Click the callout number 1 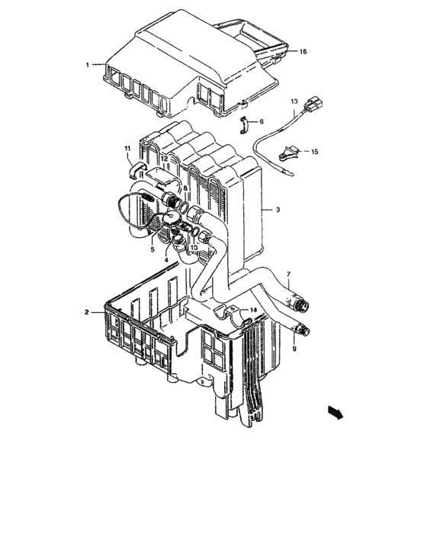tap(88, 66)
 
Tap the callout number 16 tap(303, 52)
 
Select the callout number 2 tap(88, 313)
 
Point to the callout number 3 tap(278, 209)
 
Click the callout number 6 tap(261, 121)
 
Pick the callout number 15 tap(313, 153)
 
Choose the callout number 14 tap(254, 310)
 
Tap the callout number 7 tap(288, 274)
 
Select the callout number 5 tap(152, 249)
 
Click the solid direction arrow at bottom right tap(333, 412)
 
